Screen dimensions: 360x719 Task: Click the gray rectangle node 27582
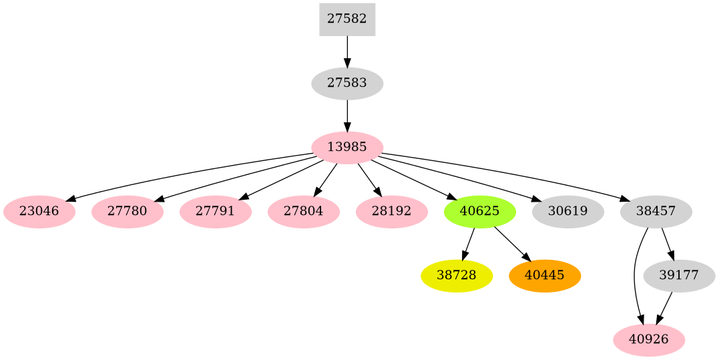pos(347,19)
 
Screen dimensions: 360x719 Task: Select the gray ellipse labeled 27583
pos(347,83)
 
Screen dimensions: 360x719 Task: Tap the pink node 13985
pos(347,148)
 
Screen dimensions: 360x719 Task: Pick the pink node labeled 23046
pos(39,212)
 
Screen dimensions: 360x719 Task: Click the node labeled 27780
pos(128,212)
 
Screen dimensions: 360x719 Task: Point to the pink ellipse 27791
pos(216,212)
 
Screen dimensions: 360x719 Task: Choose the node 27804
pos(304,212)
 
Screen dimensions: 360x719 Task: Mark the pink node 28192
pos(392,212)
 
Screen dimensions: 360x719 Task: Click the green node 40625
pos(480,212)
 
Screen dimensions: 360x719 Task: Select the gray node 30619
pos(568,212)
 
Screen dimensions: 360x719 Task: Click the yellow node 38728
pos(457,276)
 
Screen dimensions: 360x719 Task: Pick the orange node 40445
pos(545,276)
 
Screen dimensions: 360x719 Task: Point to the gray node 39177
pos(679,276)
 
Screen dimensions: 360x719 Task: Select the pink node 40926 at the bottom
pos(649,340)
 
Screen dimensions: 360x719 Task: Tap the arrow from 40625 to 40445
pos(512,244)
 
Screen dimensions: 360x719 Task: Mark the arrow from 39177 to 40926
pos(664,308)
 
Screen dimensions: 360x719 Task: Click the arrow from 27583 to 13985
pos(347,116)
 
